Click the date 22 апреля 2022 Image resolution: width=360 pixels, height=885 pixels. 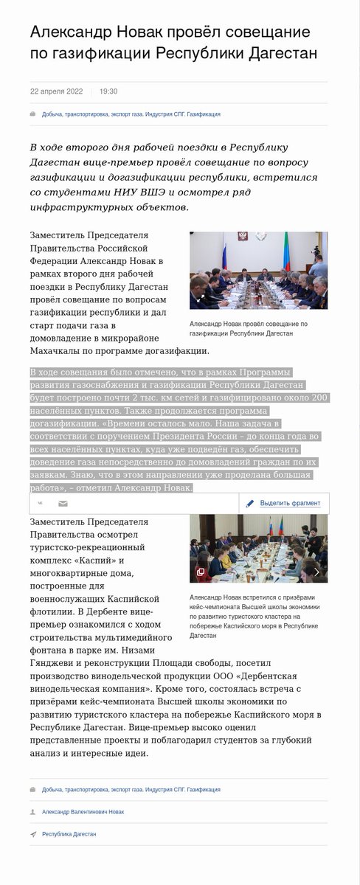click(x=56, y=91)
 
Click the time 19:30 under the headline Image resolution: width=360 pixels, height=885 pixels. click(x=108, y=91)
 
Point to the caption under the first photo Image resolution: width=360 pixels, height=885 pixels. click(x=248, y=329)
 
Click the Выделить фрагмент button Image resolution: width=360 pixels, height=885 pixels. click(x=283, y=503)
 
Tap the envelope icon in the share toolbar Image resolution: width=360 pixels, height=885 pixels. click(x=63, y=503)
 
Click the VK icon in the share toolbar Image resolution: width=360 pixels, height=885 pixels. click(x=41, y=503)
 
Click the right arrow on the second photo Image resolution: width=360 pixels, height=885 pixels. click(x=317, y=572)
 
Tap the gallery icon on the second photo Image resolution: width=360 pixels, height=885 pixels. click(x=200, y=572)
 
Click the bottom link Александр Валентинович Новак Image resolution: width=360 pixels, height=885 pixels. click(x=83, y=812)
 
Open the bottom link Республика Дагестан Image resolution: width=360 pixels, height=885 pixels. click(x=69, y=834)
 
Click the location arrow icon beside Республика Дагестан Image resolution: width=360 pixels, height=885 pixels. click(x=33, y=834)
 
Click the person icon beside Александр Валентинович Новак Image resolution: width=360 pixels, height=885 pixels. click(x=33, y=812)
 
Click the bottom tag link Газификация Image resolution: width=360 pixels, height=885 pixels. click(x=203, y=790)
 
